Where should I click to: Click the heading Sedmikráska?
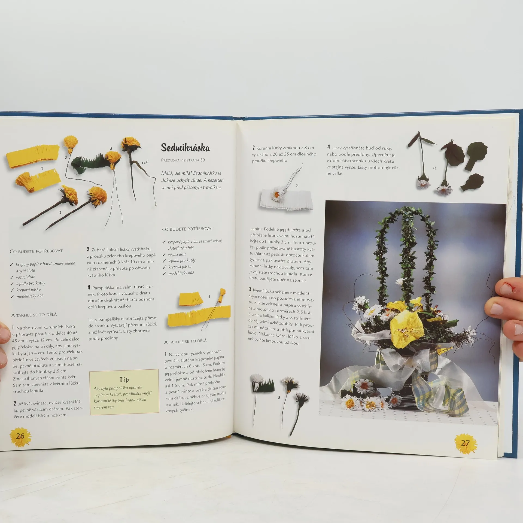pos(186,148)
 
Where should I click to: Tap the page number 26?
pos(20,436)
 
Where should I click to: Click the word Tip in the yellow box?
pos(124,379)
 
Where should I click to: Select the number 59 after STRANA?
pos(202,160)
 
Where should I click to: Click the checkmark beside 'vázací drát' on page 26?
pos(12,277)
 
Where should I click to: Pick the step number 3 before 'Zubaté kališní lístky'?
pos(88,249)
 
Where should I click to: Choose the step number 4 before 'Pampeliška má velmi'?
pos(89,287)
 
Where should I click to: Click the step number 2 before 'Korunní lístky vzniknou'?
pos(254,148)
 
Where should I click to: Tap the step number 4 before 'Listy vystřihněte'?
pos(329,147)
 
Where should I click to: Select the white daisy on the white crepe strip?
pos(277,194)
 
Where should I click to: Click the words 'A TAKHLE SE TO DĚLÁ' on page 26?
pos(34,315)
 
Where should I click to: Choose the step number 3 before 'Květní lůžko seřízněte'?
pos(250,289)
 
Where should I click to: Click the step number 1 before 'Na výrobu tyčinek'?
pos(166,354)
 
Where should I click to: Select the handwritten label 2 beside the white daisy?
pos(297,186)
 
